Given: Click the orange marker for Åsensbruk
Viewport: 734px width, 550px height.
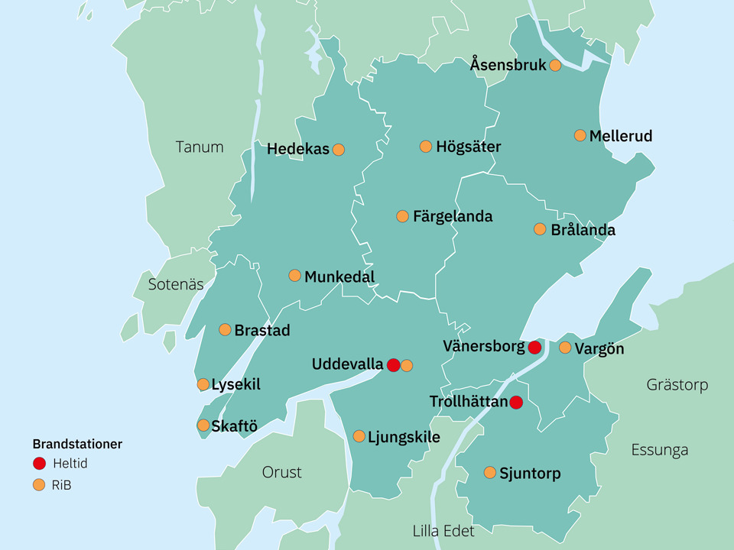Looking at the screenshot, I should pos(555,66).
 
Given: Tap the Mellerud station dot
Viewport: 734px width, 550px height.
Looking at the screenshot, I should pos(580,135).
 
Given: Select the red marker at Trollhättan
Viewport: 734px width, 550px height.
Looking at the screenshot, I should pos(516,402).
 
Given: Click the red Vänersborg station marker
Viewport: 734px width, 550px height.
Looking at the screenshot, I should pos(534,348).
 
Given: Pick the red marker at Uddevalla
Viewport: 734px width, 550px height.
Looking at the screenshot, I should pos(393,365).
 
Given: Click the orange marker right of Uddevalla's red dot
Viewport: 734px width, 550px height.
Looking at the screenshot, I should pos(407,365).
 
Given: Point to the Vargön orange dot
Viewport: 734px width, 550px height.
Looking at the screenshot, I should pos(565,348).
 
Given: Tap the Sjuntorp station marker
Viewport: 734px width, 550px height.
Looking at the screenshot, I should pos(490,473).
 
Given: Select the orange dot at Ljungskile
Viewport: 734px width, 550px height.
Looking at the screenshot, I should pos(359,436).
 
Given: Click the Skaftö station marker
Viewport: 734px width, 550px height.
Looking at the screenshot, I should pos(203,425).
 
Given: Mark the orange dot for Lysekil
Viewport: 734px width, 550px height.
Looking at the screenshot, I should pos(203,384).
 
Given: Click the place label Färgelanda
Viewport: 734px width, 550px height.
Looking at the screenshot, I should pos(453,217).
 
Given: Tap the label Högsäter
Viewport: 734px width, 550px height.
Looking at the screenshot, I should pos(468,147).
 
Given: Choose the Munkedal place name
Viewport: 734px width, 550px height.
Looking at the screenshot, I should pos(339,277).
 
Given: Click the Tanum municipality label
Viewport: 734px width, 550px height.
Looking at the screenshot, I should pos(200,147).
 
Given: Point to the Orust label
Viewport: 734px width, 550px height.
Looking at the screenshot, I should pos(281,472).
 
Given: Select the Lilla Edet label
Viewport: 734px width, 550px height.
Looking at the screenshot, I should pos(443,531).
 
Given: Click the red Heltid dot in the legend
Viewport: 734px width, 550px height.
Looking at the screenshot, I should pos(40,463).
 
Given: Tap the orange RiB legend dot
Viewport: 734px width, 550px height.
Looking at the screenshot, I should pos(40,484).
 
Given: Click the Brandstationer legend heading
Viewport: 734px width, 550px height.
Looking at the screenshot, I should pos(77,444).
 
